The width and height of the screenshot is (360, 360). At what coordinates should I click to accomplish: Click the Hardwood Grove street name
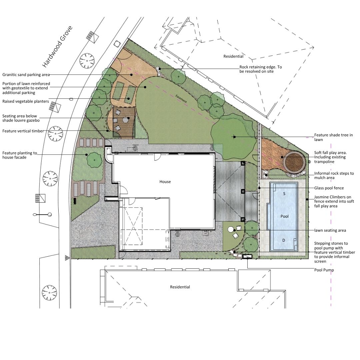(57, 47)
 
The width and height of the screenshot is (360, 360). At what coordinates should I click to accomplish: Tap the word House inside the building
(165, 182)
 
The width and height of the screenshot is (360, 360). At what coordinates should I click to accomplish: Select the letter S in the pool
(284, 194)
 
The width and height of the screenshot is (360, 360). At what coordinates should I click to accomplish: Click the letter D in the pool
(284, 240)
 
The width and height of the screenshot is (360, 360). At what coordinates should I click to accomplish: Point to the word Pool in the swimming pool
(284, 216)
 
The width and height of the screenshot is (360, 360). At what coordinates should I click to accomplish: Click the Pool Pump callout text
(324, 270)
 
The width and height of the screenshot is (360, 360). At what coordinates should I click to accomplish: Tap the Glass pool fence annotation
(329, 188)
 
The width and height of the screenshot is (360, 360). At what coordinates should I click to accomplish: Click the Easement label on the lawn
(181, 99)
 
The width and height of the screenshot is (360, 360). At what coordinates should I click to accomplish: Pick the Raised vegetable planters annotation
(25, 101)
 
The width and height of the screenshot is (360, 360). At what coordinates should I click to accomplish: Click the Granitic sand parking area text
(26, 75)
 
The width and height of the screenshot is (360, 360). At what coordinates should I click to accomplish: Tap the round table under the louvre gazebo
(126, 120)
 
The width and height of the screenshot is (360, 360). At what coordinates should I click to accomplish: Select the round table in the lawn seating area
(231, 229)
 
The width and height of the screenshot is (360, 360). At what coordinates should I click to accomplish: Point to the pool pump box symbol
(247, 256)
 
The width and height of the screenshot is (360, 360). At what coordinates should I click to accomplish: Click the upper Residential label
(233, 56)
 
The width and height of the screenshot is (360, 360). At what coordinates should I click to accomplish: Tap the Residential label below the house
(180, 287)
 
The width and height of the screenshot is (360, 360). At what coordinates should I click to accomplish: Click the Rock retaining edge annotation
(261, 69)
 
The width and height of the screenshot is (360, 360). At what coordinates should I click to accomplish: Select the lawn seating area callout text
(330, 230)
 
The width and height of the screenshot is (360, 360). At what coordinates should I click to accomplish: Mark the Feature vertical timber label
(23, 131)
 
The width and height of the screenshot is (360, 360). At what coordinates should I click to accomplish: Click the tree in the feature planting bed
(94, 160)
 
